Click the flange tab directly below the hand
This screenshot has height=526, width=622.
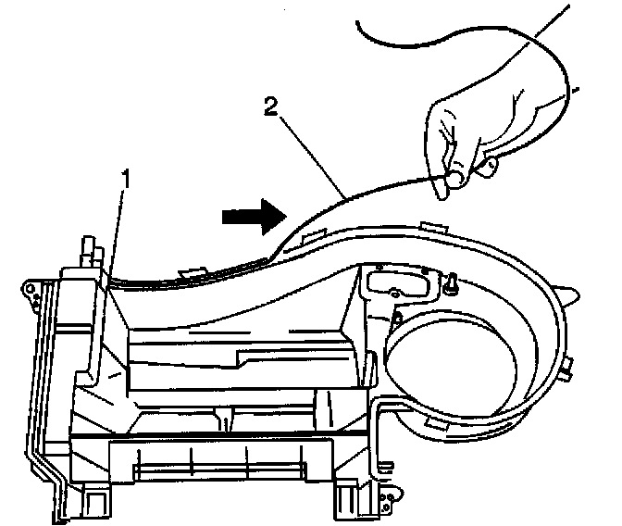coord(431,224)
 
